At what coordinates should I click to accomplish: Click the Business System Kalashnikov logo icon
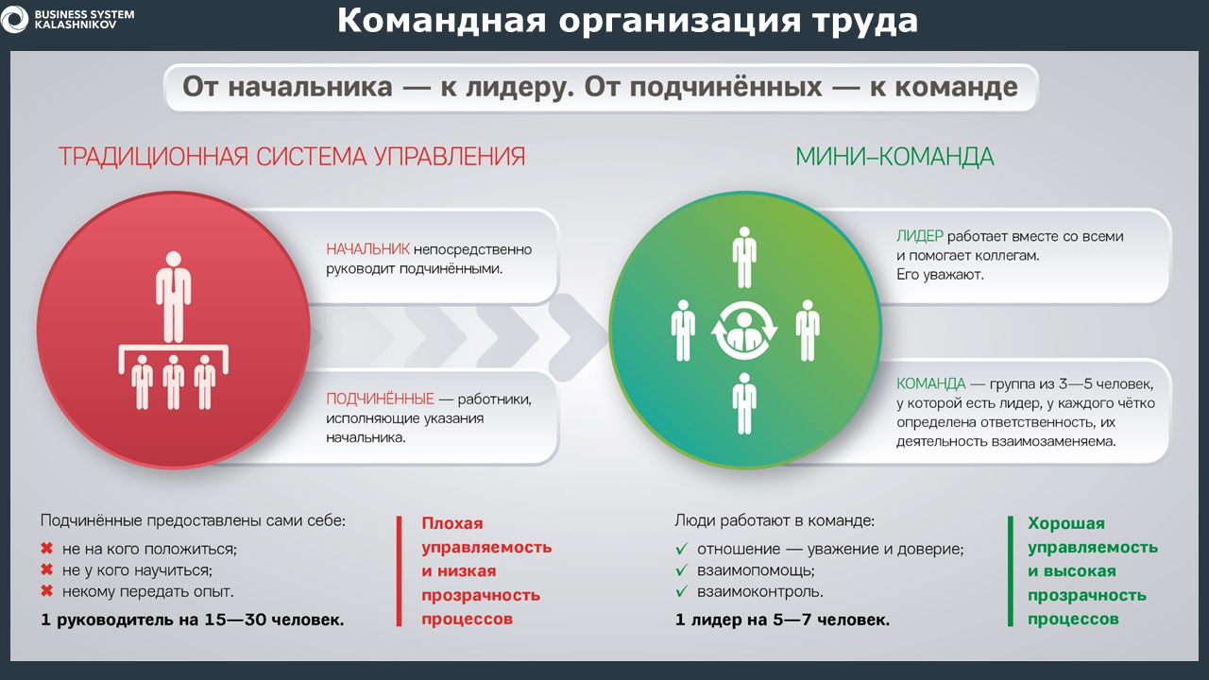click(x=14, y=19)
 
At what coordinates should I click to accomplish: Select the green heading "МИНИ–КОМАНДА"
click(x=894, y=157)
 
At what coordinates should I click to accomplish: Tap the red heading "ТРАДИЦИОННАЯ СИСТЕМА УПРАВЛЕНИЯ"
click(x=292, y=157)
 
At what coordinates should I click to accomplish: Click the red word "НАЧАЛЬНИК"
click(x=367, y=249)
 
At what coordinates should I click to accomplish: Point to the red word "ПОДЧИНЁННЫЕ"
click(x=380, y=399)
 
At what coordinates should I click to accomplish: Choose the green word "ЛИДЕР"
click(x=920, y=236)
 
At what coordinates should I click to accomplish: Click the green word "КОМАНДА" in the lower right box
click(x=931, y=383)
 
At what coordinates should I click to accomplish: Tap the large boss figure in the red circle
click(x=173, y=297)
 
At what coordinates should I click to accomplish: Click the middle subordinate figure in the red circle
click(x=173, y=382)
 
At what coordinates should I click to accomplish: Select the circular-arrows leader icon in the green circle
click(x=744, y=331)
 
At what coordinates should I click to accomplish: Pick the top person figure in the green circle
click(x=744, y=257)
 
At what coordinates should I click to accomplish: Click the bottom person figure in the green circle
click(x=744, y=403)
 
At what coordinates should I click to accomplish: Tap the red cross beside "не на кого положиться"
click(x=47, y=549)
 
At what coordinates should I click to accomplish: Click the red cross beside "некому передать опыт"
click(x=47, y=591)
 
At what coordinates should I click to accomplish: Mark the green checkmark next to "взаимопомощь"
click(x=682, y=569)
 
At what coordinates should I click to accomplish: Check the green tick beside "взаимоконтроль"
click(x=682, y=591)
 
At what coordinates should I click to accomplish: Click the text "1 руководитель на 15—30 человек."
click(x=193, y=620)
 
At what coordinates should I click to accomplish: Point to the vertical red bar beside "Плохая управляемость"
click(x=400, y=571)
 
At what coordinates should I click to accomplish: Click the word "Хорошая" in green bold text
click(x=1066, y=523)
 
